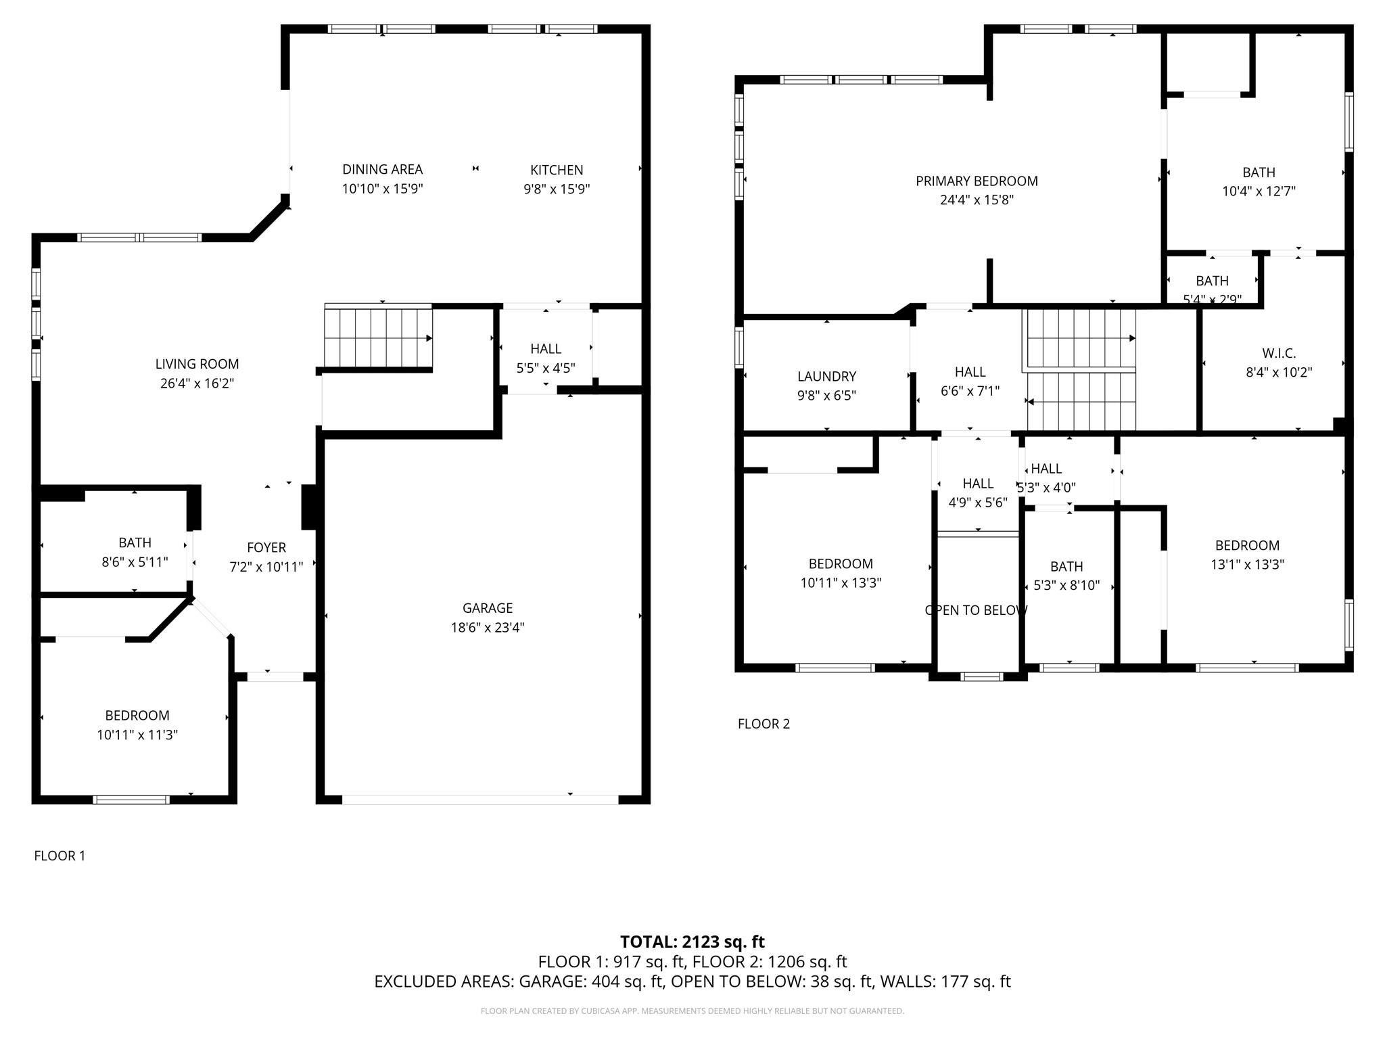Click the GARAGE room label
coord(487,608)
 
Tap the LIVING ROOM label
coord(197,364)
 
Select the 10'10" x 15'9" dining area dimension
coord(382,189)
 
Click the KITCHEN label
coord(556,170)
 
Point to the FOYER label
coord(266,547)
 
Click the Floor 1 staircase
coord(377,336)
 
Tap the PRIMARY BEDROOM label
coord(976,181)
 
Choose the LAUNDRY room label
coord(826,376)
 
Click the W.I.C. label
coord(1278,353)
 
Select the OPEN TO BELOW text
coord(976,610)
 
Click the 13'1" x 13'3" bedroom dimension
coord(1246,564)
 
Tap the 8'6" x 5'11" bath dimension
coord(135,561)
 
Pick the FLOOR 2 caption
coord(764,724)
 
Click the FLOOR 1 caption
coord(60,856)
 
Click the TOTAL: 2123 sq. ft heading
coord(692,942)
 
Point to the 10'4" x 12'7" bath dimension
coord(1258,191)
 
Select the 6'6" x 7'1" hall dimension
coord(969,391)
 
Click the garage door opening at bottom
coord(479,800)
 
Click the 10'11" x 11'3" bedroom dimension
coord(137,735)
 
